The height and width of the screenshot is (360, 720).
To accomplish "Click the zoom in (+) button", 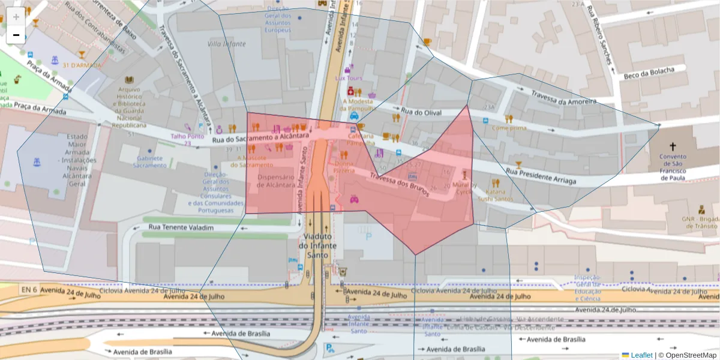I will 16,16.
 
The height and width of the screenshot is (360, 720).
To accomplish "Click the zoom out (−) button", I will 16,35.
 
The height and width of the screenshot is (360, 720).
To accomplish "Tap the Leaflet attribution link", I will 641,355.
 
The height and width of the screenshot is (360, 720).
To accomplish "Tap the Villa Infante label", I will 226,44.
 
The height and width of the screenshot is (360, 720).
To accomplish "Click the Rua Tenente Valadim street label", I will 181,227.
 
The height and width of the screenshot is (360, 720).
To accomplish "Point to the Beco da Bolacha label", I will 649,73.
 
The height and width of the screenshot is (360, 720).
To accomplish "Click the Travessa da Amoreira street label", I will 563,97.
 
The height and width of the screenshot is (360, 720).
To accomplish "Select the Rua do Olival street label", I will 421,112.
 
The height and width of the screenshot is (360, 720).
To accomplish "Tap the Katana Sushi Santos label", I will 495,195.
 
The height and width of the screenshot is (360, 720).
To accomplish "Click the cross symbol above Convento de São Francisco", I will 673,146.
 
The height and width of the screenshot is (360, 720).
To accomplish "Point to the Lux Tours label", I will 349,78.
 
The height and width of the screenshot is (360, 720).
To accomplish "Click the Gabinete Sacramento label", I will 149,162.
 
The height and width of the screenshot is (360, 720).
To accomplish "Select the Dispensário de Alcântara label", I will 275,181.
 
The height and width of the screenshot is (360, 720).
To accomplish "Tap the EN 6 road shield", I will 29,290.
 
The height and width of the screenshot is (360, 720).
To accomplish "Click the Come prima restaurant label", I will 509,128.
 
